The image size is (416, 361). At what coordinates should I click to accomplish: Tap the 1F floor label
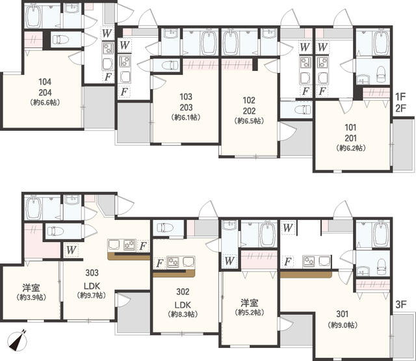click(x=401, y=96)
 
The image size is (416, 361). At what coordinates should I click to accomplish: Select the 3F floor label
click(x=401, y=304)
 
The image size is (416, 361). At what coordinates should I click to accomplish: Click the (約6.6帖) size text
click(x=45, y=103)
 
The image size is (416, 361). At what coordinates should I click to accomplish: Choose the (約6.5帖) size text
click(x=249, y=121)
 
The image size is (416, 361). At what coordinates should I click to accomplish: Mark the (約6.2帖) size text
click(x=351, y=148)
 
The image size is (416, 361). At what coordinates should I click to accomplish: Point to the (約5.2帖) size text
click(x=250, y=314)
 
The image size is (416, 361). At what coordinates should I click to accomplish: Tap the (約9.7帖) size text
click(x=92, y=295)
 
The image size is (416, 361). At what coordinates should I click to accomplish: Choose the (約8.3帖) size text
click(x=183, y=314)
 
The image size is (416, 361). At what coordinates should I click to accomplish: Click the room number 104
click(x=45, y=82)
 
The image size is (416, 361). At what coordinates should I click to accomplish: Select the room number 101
click(x=351, y=127)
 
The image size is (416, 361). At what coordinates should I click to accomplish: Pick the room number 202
click(x=249, y=111)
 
